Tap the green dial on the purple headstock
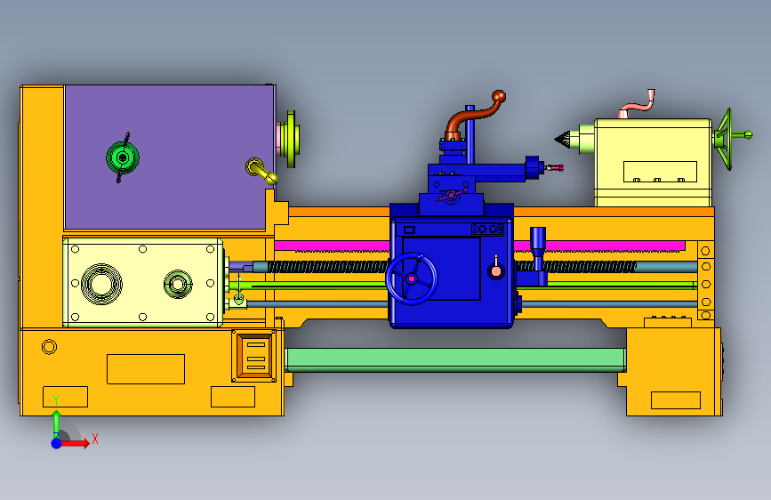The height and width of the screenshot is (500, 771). [x=123, y=157]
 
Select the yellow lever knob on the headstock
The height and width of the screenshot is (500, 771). [x=261, y=171]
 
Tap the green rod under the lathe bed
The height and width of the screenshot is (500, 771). [x=455, y=359]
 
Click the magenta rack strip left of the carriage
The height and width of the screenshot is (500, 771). [x=332, y=246]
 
